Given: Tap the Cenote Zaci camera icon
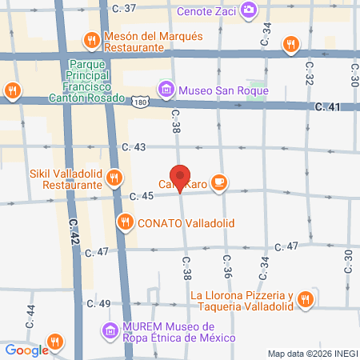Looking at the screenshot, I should coord(250,9).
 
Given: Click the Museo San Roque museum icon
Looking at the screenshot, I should coord(166,89).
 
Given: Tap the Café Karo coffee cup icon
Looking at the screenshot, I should coord(220,184).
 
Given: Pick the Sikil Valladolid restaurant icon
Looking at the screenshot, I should coord(114,177).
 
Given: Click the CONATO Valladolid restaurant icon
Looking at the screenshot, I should coord(124,222).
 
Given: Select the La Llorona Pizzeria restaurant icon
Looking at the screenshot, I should coord(304,300).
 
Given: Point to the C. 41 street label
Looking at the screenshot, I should coord(328,106).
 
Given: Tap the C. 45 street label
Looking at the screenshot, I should coord(141,197).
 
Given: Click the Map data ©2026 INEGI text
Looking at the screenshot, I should coord(312,354).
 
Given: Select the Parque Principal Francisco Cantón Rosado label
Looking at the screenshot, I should coord(96,81).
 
